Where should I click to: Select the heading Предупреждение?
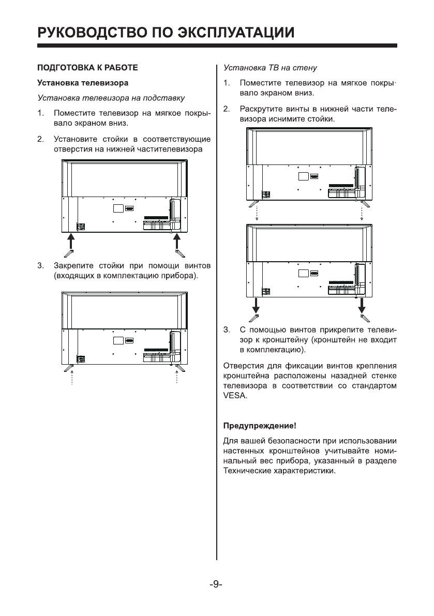(x=259, y=426)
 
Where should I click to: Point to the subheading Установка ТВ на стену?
(x=270, y=68)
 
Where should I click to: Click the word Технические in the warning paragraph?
(x=244, y=472)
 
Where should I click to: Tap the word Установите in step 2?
(x=73, y=139)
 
